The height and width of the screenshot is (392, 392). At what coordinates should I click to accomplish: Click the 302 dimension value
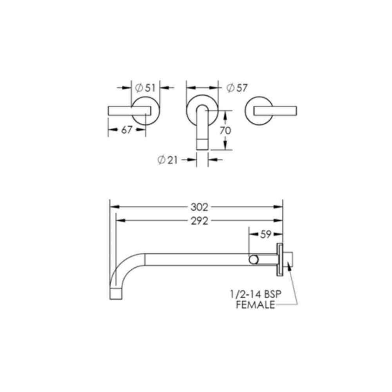[199, 207]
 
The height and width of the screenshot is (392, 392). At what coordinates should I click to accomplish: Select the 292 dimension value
[199, 221]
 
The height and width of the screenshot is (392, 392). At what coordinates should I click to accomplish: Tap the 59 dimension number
[265, 234]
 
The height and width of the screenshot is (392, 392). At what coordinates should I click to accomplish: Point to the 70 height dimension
[225, 131]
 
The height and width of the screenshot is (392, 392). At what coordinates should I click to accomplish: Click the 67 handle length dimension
[127, 130]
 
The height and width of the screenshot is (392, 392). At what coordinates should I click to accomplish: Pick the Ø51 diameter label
[145, 88]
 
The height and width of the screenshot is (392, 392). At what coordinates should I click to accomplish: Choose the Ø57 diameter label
[237, 88]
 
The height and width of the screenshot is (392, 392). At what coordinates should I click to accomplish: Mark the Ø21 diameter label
[167, 160]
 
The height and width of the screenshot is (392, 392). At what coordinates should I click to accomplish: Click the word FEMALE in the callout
[256, 305]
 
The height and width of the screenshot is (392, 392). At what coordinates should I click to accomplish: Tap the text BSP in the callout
[272, 294]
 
